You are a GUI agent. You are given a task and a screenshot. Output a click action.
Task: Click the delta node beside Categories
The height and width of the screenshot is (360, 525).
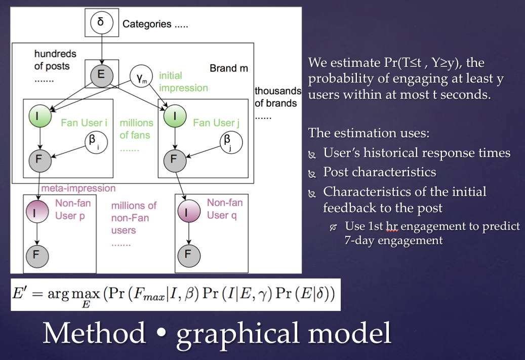point(101,22)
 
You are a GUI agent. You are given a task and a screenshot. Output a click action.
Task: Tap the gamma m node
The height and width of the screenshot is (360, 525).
point(141,76)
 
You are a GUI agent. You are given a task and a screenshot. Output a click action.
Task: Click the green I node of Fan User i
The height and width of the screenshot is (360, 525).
point(40,116)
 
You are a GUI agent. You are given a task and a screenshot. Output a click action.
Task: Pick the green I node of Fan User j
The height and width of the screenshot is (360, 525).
point(175,116)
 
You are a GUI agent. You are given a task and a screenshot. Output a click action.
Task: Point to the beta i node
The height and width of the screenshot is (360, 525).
point(96,142)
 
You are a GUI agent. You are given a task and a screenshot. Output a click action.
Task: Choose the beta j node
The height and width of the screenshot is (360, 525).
point(231,142)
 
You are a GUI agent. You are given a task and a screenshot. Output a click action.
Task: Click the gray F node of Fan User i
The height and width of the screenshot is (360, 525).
point(40,161)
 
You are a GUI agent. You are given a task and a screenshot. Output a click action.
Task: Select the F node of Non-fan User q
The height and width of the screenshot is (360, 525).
point(189,256)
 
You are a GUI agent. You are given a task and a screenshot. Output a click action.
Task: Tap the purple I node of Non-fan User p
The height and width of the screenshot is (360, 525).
point(37,212)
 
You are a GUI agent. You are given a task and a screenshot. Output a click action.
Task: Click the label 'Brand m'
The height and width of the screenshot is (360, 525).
point(229,68)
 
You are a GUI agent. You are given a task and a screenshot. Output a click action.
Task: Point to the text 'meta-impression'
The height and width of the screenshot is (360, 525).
point(78,188)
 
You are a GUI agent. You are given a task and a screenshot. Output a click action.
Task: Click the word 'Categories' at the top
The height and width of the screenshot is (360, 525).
point(147,24)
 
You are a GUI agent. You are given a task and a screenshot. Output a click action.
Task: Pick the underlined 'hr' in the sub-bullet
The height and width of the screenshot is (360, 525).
point(392,226)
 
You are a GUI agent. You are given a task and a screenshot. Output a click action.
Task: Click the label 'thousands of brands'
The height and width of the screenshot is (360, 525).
point(277,97)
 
